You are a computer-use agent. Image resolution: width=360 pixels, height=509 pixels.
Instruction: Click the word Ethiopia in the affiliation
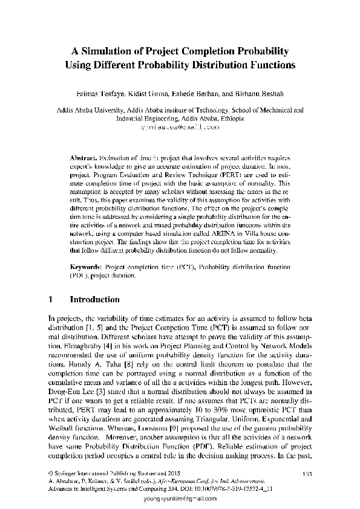(226, 119)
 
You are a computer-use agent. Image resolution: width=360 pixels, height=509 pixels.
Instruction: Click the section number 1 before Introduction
(50, 299)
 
